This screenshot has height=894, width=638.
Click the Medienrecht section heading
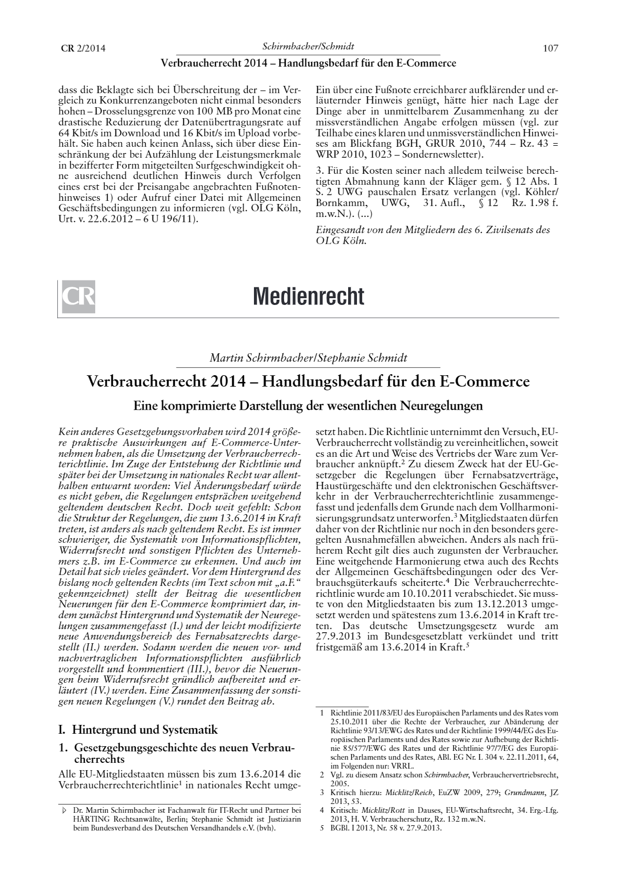tap(309, 297)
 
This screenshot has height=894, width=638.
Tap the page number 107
tap(550, 48)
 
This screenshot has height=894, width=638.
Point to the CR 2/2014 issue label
tap(83, 49)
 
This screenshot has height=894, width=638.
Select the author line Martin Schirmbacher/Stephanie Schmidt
tap(308, 358)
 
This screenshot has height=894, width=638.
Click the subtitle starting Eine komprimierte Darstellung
tap(308, 405)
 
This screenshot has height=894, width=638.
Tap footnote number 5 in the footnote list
tap(322, 828)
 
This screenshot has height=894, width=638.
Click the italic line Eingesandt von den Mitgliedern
tap(433, 229)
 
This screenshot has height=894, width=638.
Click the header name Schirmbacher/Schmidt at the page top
tap(308, 46)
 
